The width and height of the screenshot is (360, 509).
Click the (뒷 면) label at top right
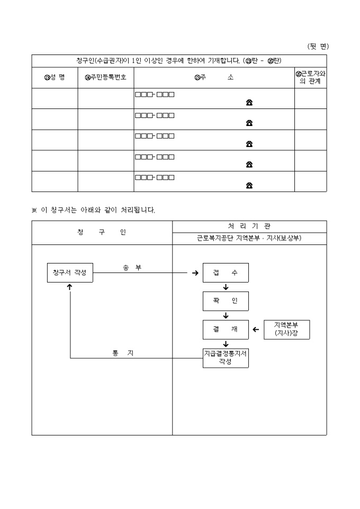318,47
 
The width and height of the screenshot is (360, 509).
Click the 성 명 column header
55,78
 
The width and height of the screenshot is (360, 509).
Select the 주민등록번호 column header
105,78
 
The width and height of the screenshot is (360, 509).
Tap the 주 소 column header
214,78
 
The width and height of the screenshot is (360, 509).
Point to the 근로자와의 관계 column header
310,78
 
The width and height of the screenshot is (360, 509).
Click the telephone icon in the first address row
249,103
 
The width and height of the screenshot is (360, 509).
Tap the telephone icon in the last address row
249,185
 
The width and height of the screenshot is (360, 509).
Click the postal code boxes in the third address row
155,136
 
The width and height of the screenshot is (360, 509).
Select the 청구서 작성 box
70,272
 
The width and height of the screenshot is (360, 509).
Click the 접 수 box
226,272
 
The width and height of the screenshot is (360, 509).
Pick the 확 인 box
226,301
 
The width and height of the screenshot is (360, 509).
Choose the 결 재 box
226,329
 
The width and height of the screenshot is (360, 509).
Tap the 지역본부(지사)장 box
286,329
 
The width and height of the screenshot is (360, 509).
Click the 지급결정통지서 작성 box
226,358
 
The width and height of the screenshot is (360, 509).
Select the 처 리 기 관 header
249,226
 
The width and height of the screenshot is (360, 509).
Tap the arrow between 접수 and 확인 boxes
226,287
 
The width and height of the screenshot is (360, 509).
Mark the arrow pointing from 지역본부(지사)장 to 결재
256,330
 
